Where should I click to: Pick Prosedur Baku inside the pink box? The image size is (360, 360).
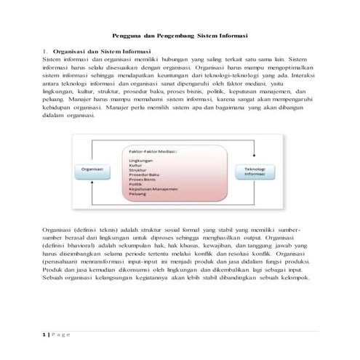(143, 175)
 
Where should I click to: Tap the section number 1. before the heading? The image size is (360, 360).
(45, 52)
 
